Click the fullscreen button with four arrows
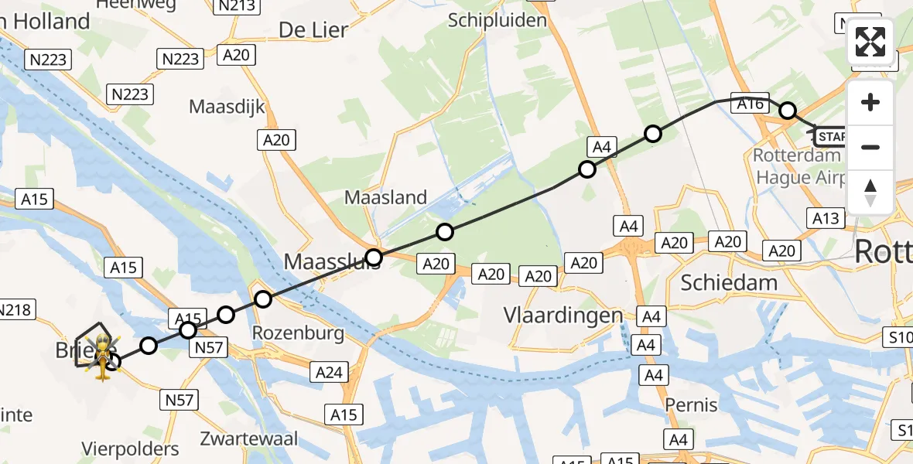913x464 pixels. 870,42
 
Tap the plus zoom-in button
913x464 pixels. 870,103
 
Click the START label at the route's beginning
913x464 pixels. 831,138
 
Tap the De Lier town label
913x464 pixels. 313,30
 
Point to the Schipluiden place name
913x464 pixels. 498,20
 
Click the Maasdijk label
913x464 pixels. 227,106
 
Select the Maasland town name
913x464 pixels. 385,197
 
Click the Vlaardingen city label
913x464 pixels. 563,316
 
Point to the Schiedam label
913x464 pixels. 729,282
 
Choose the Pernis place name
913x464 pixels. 691,404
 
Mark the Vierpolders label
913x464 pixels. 131,449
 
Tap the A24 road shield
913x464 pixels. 329,373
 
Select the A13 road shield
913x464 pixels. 825,219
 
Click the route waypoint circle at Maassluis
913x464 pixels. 374,258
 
